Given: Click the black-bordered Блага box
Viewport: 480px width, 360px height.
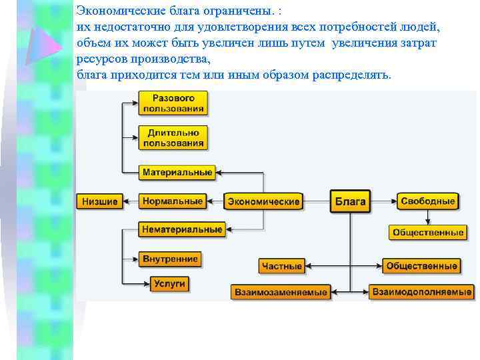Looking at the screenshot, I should [350, 201].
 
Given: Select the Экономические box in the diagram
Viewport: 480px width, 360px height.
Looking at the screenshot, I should [264, 201].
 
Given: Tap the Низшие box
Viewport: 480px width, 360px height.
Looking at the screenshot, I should [100, 201].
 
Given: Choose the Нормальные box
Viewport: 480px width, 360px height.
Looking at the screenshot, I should [173, 201].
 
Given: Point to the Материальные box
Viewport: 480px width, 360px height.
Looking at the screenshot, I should [177, 172].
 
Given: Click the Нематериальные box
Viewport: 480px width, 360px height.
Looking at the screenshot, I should [181, 229].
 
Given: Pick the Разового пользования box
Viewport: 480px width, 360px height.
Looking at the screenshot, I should [173, 103].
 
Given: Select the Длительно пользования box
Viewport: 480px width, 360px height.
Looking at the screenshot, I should [173, 138].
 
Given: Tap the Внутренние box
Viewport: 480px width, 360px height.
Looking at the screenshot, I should [171, 259].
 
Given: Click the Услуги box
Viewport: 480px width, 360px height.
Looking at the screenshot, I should [169, 283].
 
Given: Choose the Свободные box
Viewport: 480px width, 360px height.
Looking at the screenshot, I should [427, 201].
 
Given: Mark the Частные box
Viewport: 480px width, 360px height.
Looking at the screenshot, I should [282, 266].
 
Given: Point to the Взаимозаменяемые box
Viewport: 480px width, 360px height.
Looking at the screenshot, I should [281, 291].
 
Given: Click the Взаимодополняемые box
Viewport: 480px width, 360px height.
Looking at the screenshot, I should [422, 291].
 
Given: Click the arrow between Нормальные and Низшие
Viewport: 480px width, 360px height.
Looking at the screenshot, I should [130, 201].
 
